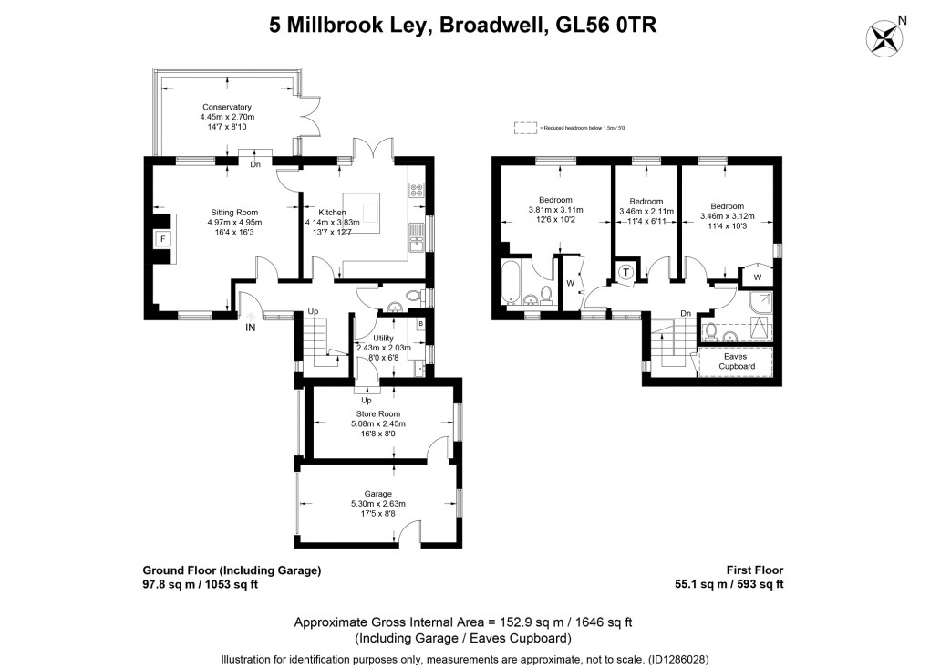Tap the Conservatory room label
click(x=225, y=107)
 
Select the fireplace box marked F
click(x=163, y=239)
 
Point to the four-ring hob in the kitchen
click(x=417, y=190)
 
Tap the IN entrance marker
click(x=250, y=328)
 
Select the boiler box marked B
click(x=420, y=323)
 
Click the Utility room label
click(x=383, y=338)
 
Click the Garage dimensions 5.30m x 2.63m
click(x=377, y=504)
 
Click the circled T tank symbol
click(x=627, y=271)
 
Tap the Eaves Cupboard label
click(x=735, y=361)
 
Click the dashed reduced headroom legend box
click(x=525, y=129)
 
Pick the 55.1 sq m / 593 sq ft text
click(x=727, y=585)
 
